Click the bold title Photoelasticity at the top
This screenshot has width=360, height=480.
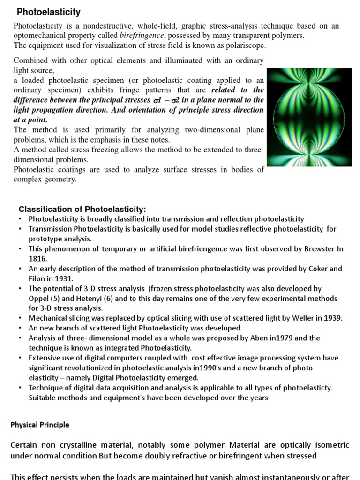click(49, 12)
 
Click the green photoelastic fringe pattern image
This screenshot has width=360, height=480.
click(309, 117)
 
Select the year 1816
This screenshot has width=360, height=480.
click(37, 258)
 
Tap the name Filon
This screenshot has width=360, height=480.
click(39, 278)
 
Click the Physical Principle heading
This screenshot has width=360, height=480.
click(40, 425)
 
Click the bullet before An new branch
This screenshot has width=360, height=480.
click(20, 328)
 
